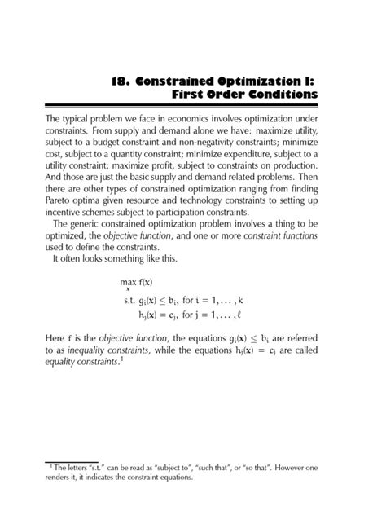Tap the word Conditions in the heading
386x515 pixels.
click(277, 95)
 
